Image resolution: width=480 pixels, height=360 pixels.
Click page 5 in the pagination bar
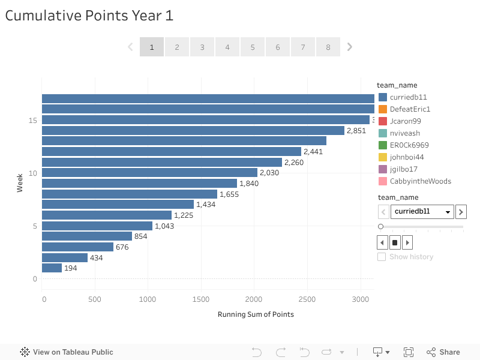pyautogui.click(x=253, y=47)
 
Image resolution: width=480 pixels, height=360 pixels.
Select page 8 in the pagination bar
pyautogui.click(x=328, y=47)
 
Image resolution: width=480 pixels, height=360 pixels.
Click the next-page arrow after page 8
pyautogui.click(x=350, y=47)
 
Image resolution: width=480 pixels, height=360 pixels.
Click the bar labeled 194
pyautogui.click(x=52, y=268)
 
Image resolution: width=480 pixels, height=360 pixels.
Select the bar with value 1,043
pyautogui.click(x=97, y=226)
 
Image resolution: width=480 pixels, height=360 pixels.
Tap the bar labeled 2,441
pyautogui.click(x=171, y=152)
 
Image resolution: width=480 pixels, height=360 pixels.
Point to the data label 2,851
pyautogui.click(x=356, y=131)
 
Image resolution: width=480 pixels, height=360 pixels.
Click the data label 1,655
pyautogui.click(x=229, y=194)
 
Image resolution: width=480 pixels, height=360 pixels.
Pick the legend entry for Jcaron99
pyautogui.click(x=405, y=121)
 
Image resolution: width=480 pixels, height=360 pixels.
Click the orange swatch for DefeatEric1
pyautogui.click(x=383, y=109)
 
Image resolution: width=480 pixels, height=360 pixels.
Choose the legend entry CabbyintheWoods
pyautogui.click(x=420, y=181)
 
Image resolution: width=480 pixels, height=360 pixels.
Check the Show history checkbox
pyautogui.click(x=382, y=257)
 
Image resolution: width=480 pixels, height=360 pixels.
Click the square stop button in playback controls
pyautogui.click(x=395, y=243)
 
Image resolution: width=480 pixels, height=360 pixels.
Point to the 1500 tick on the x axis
pyautogui.click(x=202, y=299)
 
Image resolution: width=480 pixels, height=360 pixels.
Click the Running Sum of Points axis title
pyautogui.click(x=256, y=314)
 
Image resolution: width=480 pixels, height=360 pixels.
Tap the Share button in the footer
pyautogui.click(x=443, y=352)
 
